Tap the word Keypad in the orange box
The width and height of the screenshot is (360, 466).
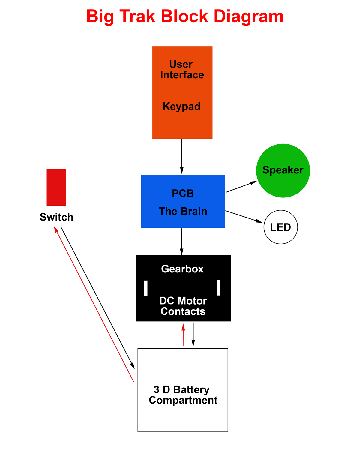coord(181,107)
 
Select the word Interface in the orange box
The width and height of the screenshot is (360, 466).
coord(182,75)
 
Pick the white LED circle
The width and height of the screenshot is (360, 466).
coord(280,227)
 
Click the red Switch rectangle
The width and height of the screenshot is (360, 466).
coord(56,187)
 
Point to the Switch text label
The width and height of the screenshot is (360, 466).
coord(56,217)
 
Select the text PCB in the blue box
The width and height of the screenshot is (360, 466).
coord(183,194)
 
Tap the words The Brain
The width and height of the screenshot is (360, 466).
coord(183,211)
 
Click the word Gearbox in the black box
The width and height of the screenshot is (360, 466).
coord(182,269)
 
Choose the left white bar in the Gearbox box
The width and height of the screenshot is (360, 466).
coord(146,288)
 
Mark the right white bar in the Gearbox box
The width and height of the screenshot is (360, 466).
coord(218,288)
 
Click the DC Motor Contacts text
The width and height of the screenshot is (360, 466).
coord(183,306)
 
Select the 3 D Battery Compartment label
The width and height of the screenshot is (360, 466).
coord(183,395)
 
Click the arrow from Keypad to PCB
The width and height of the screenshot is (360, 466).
coord(182,156)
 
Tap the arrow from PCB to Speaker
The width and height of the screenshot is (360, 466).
coord(241,187)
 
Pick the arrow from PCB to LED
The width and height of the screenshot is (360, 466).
coord(244,216)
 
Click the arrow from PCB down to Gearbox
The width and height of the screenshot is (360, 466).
coord(182,242)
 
